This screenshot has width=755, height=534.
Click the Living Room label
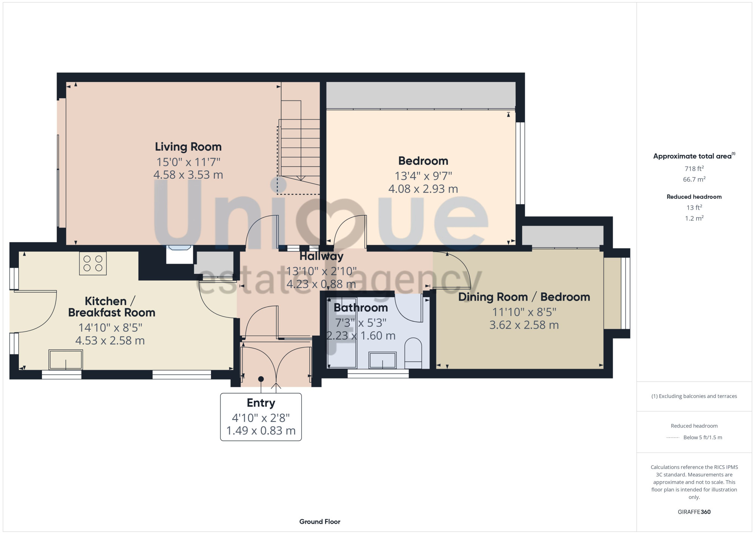tap(188, 147)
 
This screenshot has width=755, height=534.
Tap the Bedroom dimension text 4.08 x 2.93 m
tap(423, 189)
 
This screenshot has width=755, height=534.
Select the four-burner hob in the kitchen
tap(93, 263)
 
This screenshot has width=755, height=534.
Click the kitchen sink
tap(66, 360)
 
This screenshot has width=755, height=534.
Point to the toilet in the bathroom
tap(413, 353)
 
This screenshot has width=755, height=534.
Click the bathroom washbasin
tap(382, 360)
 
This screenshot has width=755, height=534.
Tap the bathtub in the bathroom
tap(342, 333)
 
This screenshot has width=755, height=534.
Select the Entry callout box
tap(261, 417)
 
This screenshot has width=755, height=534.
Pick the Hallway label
tap(321, 256)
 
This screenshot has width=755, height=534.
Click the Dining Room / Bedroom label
tap(524, 297)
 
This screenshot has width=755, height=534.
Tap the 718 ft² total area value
tap(694, 168)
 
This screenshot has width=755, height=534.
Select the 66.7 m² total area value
tap(694, 179)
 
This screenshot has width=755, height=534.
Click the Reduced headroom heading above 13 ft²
tap(694, 197)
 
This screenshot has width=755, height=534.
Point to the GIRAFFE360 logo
tap(694, 512)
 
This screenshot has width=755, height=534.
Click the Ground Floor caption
tap(320, 522)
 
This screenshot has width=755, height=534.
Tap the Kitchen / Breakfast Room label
tap(111, 307)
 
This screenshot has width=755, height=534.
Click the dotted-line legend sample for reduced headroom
tap(673, 438)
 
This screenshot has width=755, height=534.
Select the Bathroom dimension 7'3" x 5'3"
tap(361, 323)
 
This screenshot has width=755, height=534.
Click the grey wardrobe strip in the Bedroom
tap(421, 96)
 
